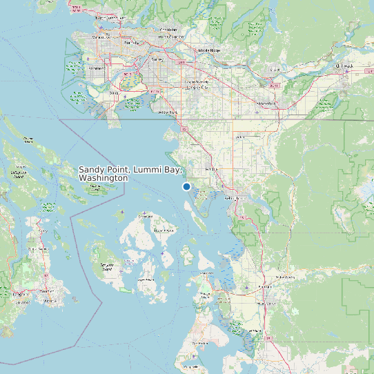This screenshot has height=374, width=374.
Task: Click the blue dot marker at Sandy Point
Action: (186, 186)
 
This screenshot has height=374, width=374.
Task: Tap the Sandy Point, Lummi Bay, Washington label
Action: (130, 173)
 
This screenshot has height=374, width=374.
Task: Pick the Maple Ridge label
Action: (209, 50)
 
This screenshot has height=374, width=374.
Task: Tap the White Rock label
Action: (168, 112)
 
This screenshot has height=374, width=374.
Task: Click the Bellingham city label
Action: (235, 198)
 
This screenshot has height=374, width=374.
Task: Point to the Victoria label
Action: (47, 302)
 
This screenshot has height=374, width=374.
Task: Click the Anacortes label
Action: (205, 275)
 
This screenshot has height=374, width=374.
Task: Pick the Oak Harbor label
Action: (200, 342)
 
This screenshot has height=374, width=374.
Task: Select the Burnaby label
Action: (131, 43)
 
